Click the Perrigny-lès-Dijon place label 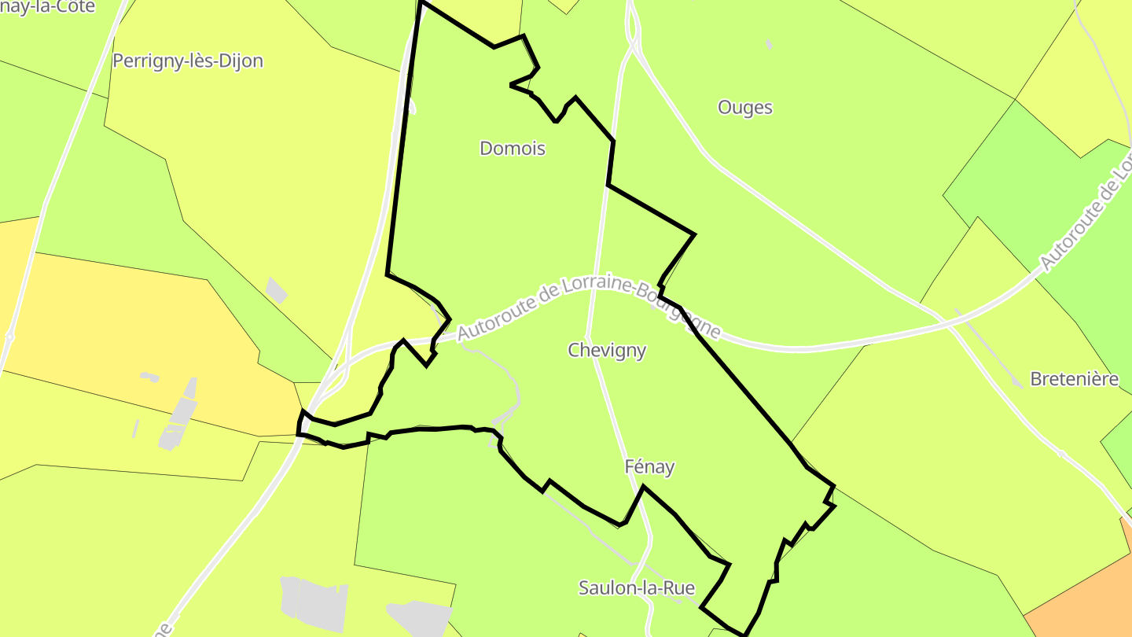(x=187, y=61)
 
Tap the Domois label (x=513, y=148)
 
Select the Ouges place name (x=745, y=107)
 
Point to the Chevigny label (x=607, y=350)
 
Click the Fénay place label (x=649, y=466)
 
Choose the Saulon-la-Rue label (x=637, y=587)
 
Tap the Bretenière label (x=1074, y=379)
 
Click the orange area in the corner (x=1093, y=598)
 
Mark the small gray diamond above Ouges (x=768, y=44)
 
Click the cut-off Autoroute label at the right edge (x=1088, y=212)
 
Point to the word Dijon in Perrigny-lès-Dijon (x=239, y=61)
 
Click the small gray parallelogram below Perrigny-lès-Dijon (x=276, y=289)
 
